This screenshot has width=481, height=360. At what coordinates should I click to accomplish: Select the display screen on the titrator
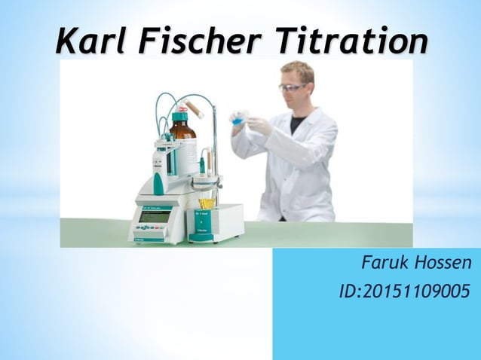pos(154,216)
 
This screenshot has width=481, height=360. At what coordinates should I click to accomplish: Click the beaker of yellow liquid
pos(206,203)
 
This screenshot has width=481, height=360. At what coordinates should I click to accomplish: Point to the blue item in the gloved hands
pos(237,121)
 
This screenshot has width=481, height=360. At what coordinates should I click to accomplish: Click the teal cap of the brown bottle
pos(180,116)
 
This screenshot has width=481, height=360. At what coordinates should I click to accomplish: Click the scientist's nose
pos(291,93)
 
